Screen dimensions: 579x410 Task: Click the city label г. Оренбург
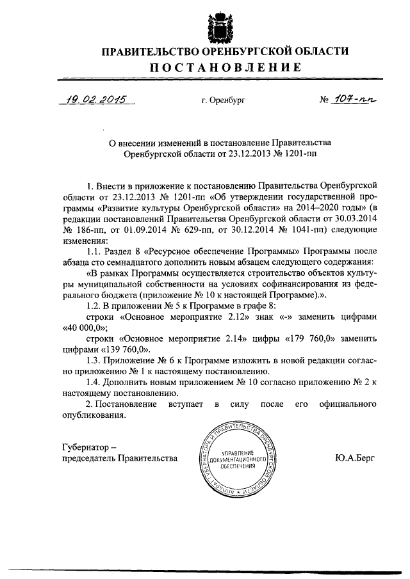tap(224, 100)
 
